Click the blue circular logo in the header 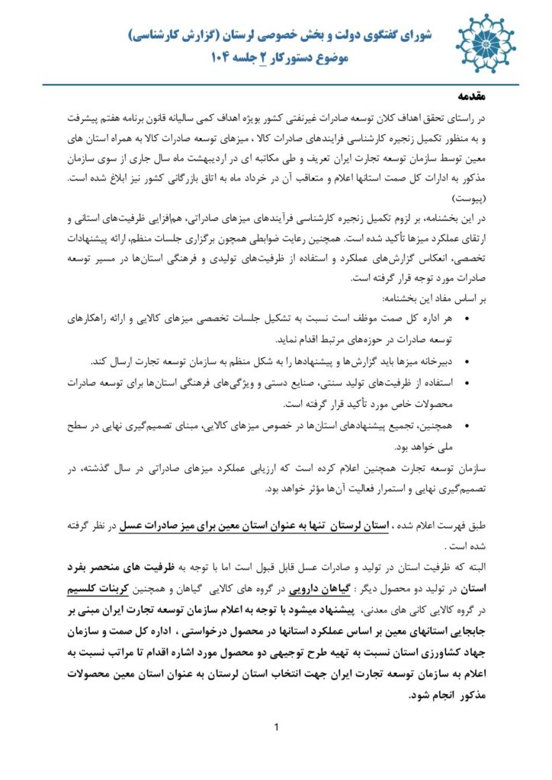click(486, 43)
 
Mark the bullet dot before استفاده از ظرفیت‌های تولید click(467, 382)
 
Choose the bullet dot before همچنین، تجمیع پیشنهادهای click(467, 424)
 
